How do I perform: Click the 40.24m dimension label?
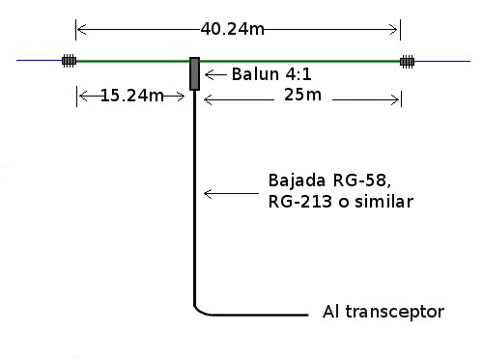(232, 29)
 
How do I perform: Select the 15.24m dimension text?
(132, 96)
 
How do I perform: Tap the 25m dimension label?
(302, 95)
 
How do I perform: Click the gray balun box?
(194, 73)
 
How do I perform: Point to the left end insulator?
(69, 61)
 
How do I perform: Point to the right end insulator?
(407, 61)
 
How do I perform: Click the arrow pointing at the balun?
(215, 74)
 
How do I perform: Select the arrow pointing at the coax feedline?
(231, 193)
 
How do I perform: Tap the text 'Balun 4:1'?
(271, 74)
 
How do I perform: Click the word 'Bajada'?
(297, 180)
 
